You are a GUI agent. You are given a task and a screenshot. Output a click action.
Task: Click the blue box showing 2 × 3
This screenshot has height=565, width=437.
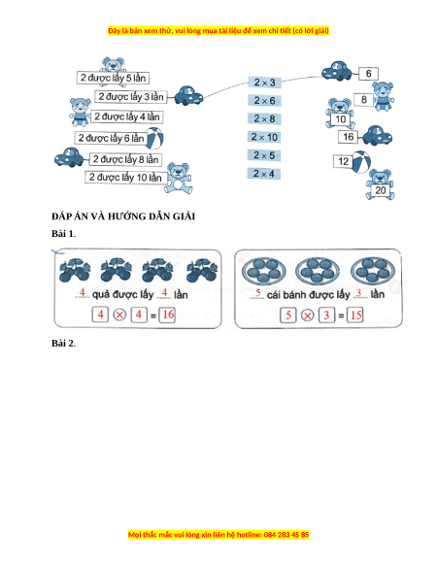coord(265,83)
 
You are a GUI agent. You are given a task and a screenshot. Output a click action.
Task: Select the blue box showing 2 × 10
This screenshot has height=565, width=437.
coord(264,137)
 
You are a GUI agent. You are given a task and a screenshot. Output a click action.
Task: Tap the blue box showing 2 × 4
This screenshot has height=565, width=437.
coord(264,174)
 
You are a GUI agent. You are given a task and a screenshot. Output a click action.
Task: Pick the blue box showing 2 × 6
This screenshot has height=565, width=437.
coord(264,101)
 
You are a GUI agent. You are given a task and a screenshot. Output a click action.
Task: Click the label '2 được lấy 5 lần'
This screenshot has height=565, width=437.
coord(113,78)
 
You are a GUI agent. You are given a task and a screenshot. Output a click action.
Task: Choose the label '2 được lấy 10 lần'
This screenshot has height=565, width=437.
coord(125,178)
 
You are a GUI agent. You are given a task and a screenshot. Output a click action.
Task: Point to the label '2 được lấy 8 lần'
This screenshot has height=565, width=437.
coord(125,159)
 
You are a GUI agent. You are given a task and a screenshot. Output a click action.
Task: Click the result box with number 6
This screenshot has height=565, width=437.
coord(368,74)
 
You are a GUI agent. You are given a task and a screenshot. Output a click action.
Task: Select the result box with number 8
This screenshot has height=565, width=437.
coord(364,99)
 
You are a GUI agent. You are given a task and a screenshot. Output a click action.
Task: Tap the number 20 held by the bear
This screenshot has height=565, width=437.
coord(381,190)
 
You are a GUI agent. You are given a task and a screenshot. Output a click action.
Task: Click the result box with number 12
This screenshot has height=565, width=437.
coord(343,161)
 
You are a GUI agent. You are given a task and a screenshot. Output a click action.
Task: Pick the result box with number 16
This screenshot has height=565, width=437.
coord(348,137)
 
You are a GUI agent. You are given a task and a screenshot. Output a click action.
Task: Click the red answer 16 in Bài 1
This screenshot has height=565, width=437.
coord(168,315)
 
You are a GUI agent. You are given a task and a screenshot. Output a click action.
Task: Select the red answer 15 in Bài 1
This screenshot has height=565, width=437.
coord(355,315)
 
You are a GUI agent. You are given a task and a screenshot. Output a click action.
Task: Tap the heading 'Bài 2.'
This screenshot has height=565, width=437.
coord(63,343)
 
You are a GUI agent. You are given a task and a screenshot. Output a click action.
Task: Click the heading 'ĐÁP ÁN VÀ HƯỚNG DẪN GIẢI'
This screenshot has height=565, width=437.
coord(123,216)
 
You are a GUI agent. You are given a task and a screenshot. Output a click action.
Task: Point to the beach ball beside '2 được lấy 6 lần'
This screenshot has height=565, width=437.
coord(155,138)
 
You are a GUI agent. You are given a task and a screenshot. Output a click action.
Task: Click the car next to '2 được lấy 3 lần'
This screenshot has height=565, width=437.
coord(188,95)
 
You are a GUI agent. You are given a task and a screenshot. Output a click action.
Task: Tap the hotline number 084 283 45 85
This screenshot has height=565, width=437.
coord(286,534)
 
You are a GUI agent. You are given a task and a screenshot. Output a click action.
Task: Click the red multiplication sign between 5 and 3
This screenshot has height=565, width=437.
coord(307,316)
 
